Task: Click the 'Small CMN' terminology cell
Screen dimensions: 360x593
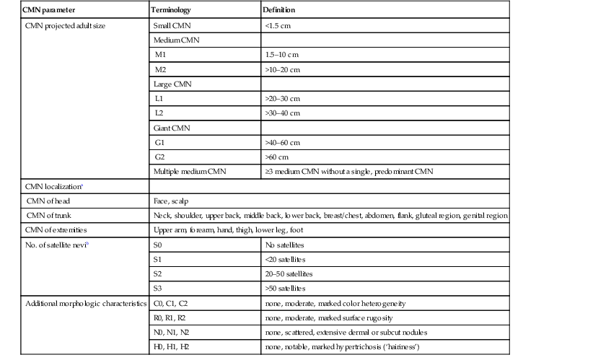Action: pyautogui.click(x=172, y=25)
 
